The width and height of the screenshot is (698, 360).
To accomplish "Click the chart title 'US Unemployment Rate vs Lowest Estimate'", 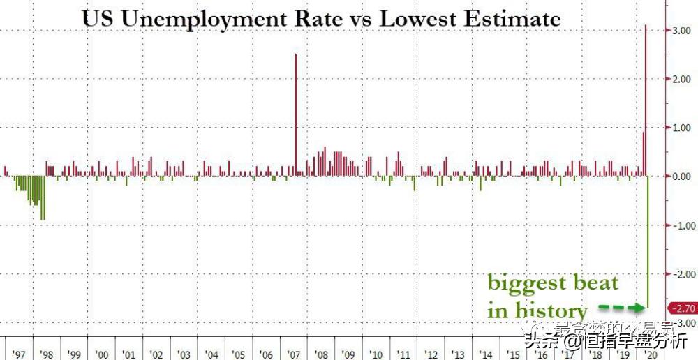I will pyautogui.click(x=321, y=18).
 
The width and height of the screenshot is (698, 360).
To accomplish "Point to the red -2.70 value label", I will pyautogui.click(x=682, y=308).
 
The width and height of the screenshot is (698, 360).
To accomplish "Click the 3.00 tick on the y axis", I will pyautogui.click(x=681, y=31).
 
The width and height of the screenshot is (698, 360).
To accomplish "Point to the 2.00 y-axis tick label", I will pyautogui.click(x=681, y=80).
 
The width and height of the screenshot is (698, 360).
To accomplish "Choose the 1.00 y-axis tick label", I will pyautogui.click(x=681, y=128).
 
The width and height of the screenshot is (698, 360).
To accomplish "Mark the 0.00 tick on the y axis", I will pyautogui.click(x=681, y=177).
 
